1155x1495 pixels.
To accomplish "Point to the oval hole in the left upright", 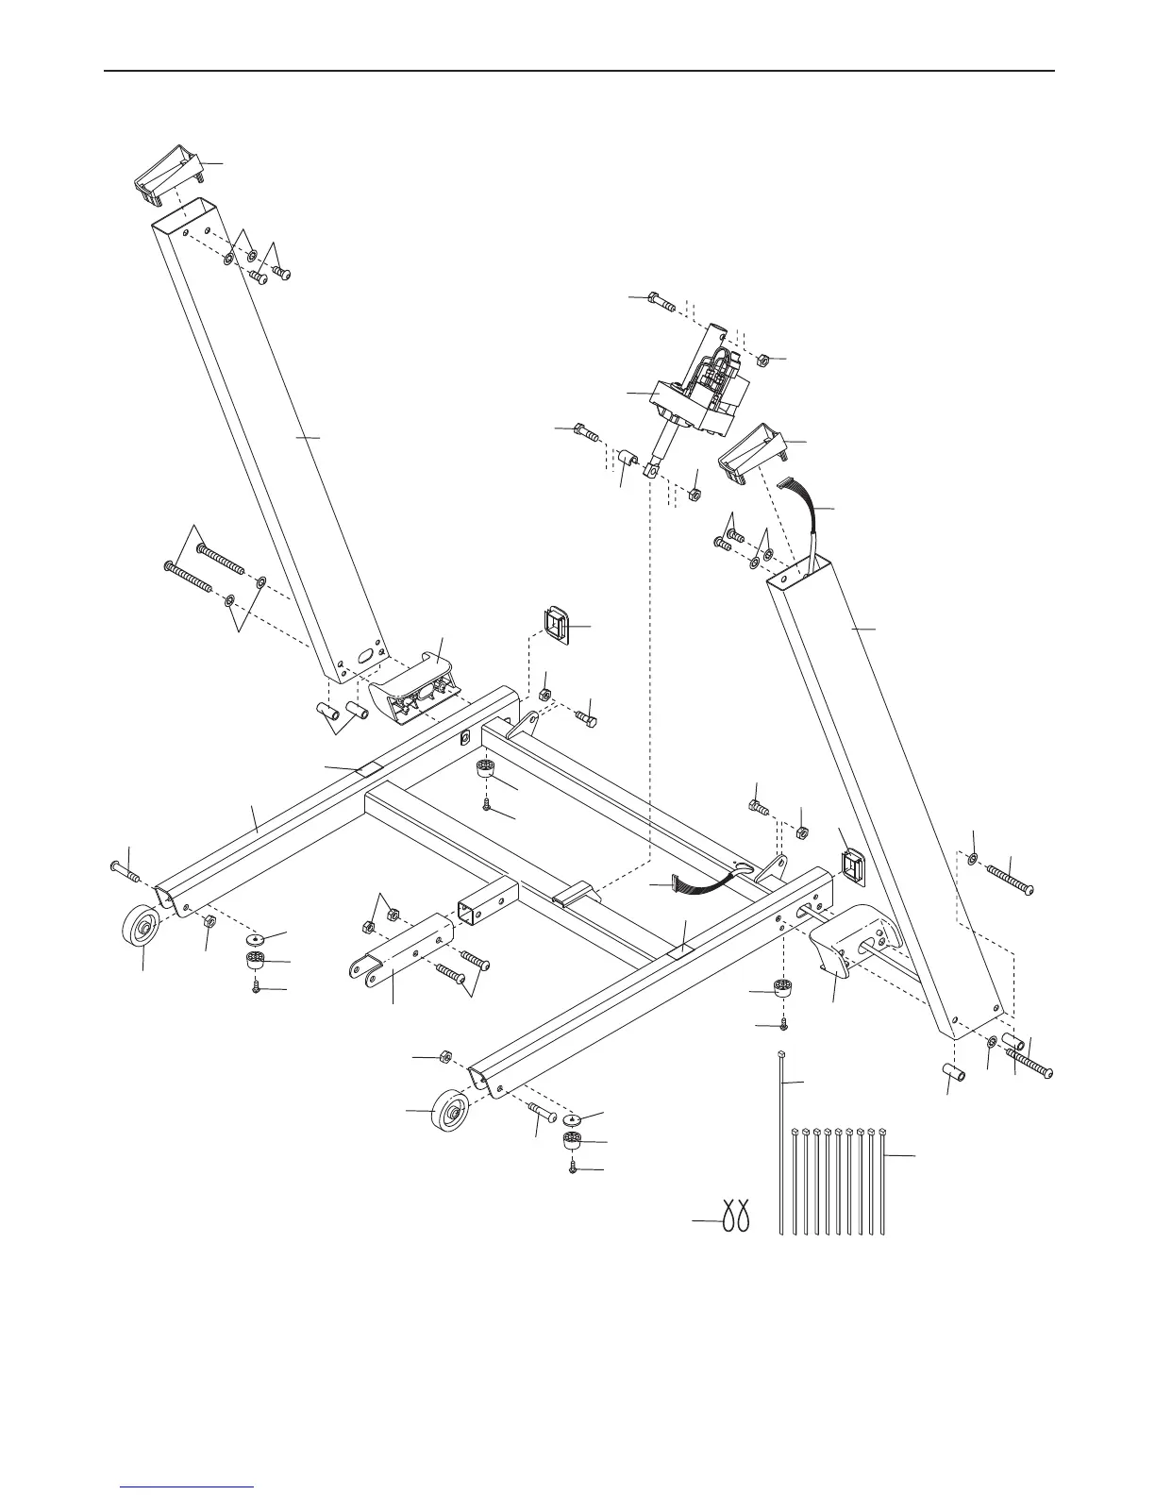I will point(364,652).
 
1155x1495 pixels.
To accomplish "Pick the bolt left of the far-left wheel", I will point(124,871).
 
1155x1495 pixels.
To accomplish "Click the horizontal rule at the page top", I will point(577,71).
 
